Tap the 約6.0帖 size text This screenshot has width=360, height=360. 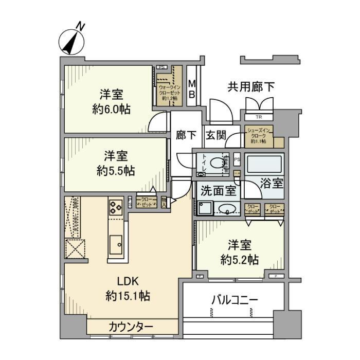click(x=111, y=109)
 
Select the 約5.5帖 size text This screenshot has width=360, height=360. click(x=115, y=171)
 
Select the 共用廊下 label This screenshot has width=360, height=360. click(x=251, y=87)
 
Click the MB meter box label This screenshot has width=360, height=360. click(x=191, y=89)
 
